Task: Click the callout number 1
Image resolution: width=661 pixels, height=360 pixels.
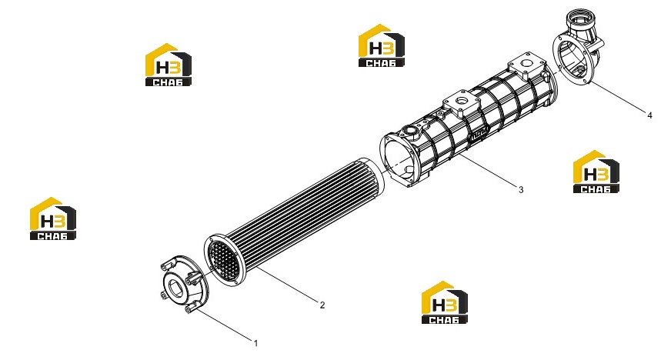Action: click(x=255, y=344)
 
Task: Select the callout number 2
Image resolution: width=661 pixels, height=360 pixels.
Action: click(x=322, y=305)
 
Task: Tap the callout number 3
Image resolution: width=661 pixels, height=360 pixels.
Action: click(x=521, y=190)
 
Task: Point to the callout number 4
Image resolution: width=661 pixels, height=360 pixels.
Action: click(x=649, y=115)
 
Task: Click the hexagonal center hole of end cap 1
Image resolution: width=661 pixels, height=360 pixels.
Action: click(x=175, y=288)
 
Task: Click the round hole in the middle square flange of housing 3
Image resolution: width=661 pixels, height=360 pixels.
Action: click(x=462, y=102)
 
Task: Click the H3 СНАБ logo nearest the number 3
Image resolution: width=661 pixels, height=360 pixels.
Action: click(x=596, y=172)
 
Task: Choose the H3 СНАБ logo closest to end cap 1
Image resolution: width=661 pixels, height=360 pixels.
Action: click(x=52, y=218)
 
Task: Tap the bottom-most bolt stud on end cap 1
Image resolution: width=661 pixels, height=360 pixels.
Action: click(x=189, y=310)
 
